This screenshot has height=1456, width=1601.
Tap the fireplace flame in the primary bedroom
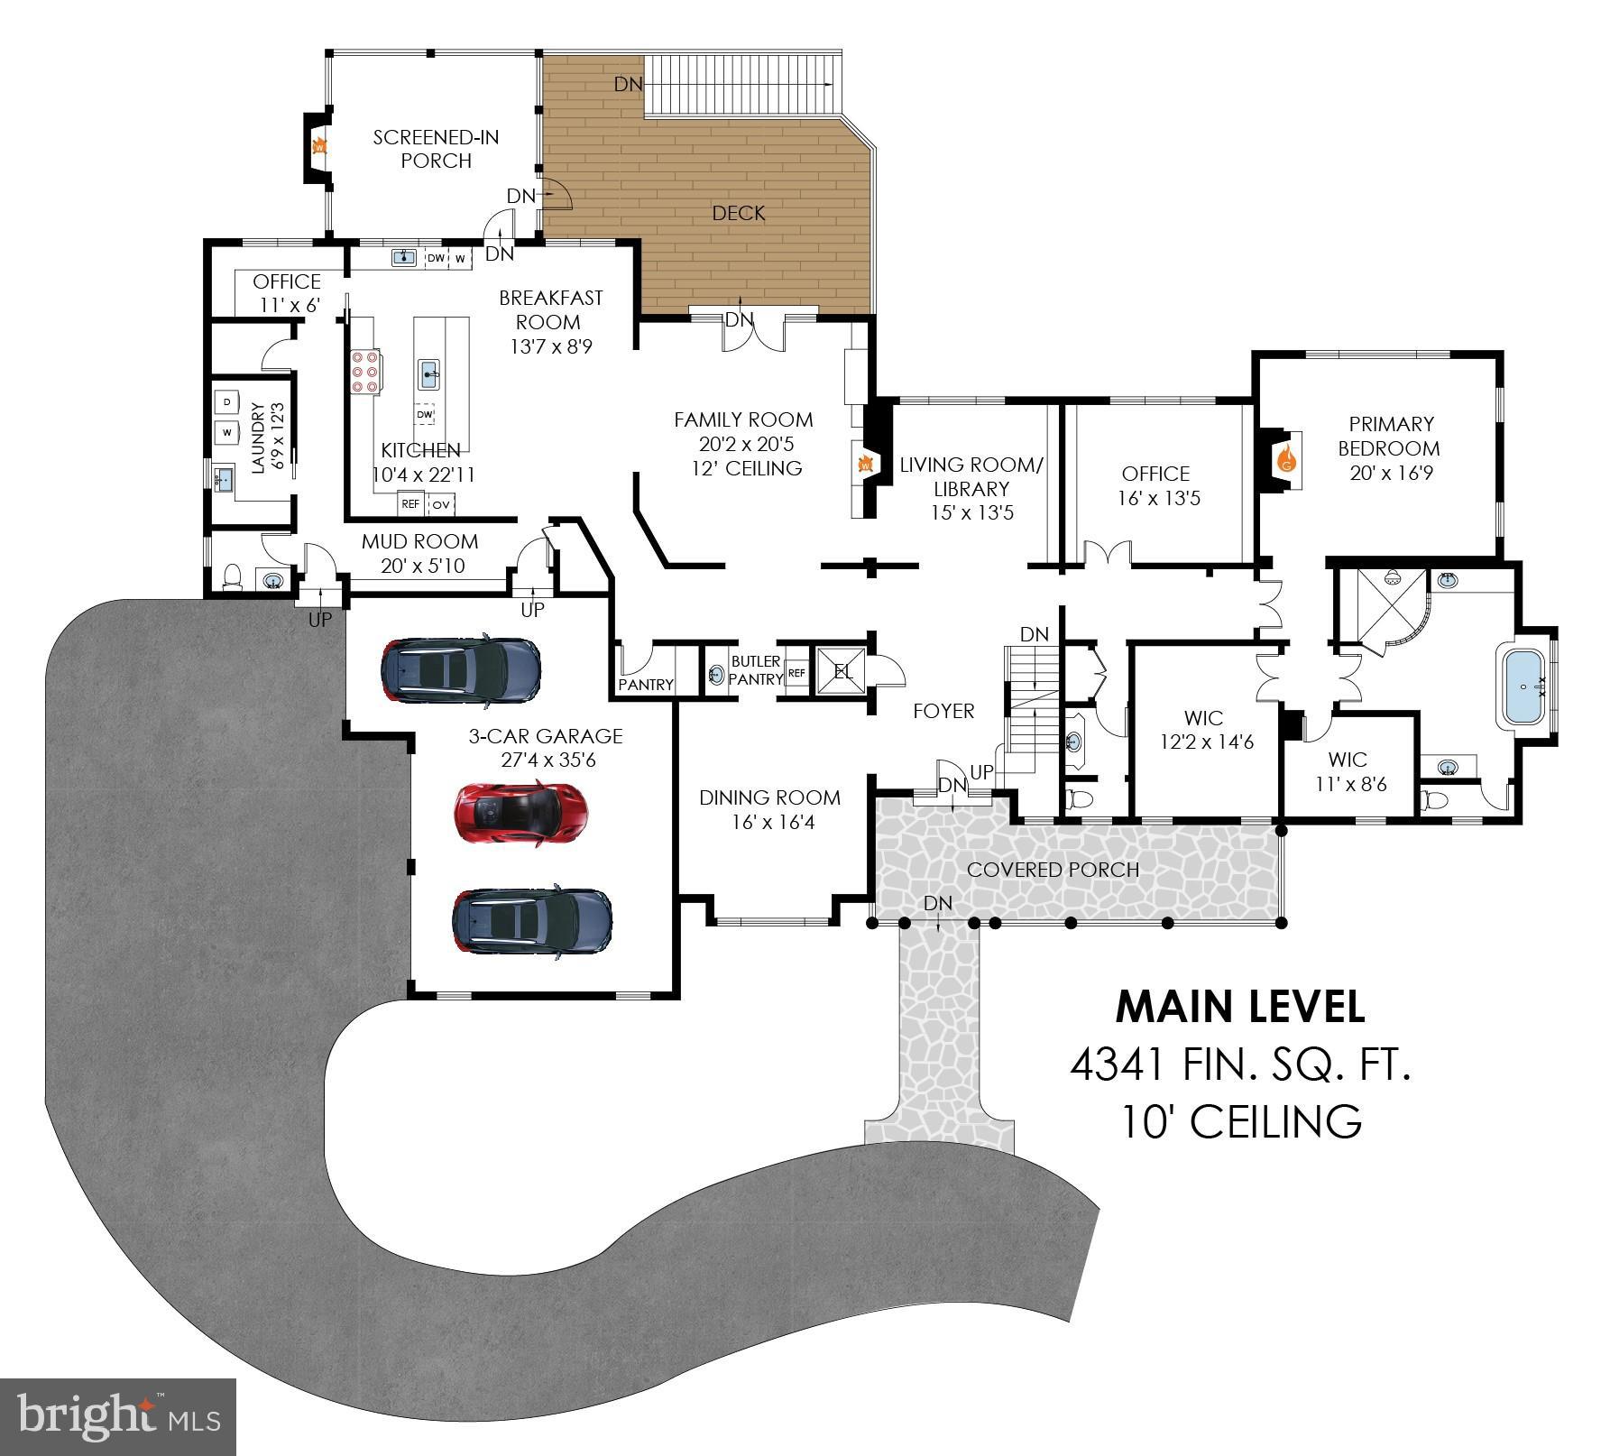tap(1287, 460)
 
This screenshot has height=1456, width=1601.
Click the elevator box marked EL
tap(841, 671)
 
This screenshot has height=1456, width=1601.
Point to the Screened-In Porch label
tap(437, 149)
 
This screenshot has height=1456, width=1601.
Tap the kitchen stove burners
tap(365, 372)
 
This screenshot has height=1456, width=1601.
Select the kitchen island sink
tap(428, 371)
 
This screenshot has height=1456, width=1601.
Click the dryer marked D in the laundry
tap(227, 401)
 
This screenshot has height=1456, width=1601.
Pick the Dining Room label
tap(769, 797)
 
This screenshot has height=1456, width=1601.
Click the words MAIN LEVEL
tap(1240, 1008)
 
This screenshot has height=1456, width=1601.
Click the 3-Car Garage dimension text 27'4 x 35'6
tap(547, 760)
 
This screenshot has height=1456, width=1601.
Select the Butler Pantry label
tap(756, 670)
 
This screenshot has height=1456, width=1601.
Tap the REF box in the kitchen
tap(410, 504)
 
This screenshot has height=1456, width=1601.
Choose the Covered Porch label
tap(1053, 870)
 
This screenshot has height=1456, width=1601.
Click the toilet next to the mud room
tap(234, 576)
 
